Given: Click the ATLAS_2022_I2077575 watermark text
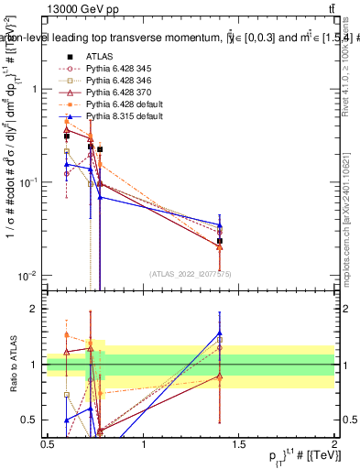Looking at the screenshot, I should (x=189, y=274).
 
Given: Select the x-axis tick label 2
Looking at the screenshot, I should (x=333, y=444).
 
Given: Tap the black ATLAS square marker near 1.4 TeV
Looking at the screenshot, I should (x=220, y=241).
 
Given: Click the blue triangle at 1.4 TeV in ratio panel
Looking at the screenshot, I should (x=220, y=333).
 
